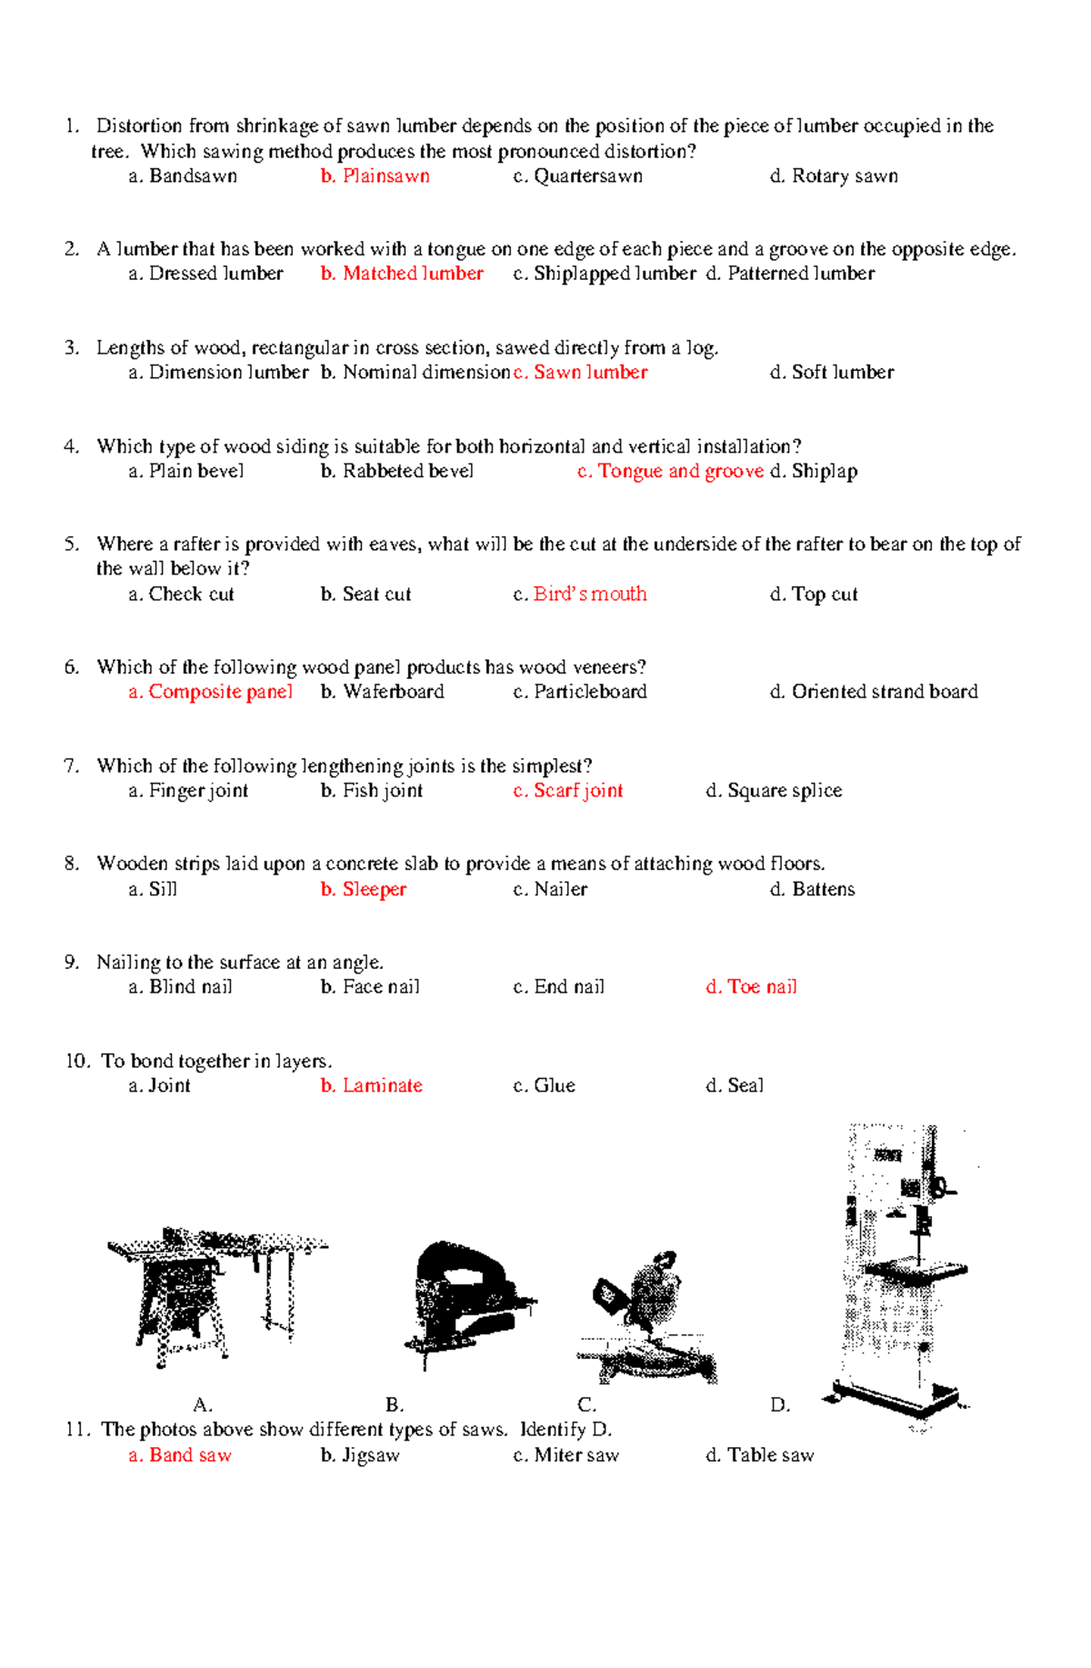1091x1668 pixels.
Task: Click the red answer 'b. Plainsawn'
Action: pyautogui.click(x=375, y=176)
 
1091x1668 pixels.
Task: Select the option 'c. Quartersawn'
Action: pyautogui.click(x=577, y=176)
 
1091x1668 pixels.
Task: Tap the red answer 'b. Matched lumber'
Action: pyautogui.click(x=402, y=274)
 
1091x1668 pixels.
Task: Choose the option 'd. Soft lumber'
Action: pyautogui.click(x=832, y=372)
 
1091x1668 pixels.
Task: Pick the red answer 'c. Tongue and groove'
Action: pyautogui.click(x=670, y=471)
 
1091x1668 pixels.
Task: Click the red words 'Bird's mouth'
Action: pyautogui.click(x=590, y=594)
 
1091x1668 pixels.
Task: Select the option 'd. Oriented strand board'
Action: pyautogui.click(x=874, y=692)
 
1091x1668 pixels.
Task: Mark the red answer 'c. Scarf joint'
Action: pyautogui.click(x=568, y=791)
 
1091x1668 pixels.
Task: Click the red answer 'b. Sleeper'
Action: pyautogui.click(x=364, y=889)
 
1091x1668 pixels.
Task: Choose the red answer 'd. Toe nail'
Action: pyautogui.click(x=751, y=987)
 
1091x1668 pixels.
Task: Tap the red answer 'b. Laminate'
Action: pyautogui.click(x=371, y=1085)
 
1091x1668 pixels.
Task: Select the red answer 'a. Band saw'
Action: pyautogui.click(x=180, y=1455)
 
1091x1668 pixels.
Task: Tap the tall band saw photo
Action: pyautogui.click(x=900, y=1273)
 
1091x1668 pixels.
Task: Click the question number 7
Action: pyautogui.click(x=72, y=765)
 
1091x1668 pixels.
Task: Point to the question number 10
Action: pyautogui.click(x=77, y=1061)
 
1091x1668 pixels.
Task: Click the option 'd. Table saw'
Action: pyautogui.click(x=760, y=1455)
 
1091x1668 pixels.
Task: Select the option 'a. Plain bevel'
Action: pyautogui.click(x=186, y=471)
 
